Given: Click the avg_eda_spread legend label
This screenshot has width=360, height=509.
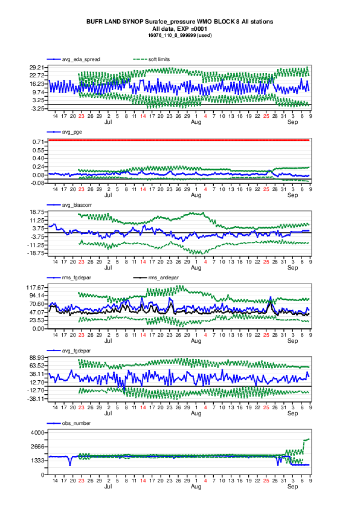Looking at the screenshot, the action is tap(81, 59).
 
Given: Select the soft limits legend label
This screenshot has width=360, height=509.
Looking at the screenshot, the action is tap(159, 59).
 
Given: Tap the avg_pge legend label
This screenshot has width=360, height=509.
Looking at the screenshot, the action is tap(72, 132).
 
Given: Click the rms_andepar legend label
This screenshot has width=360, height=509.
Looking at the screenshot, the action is tap(164, 277).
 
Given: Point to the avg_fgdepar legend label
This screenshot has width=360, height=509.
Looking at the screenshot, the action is tap(76, 351).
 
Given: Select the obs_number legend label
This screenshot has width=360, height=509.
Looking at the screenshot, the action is tap(76, 423).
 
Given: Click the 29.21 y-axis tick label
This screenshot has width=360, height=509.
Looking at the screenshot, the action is tap(37, 68).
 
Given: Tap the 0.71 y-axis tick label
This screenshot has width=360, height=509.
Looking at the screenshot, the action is tap(38, 142).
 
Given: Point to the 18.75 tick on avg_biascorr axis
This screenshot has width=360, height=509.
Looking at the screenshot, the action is tap(37, 212).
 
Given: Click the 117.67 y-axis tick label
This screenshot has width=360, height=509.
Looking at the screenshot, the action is tap(36, 287).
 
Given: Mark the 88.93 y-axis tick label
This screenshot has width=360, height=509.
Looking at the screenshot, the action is tap(37, 357).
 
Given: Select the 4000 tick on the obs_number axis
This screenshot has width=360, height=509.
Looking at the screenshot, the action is tap(38, 433).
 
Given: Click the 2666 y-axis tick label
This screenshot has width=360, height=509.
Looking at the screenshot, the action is tap(38, 447).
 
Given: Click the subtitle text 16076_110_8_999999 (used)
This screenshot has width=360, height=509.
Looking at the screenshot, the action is tap(180, 35).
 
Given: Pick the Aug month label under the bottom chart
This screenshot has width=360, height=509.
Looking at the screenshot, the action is tap(196, 486).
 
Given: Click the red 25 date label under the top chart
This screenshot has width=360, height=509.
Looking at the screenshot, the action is tap(266, 116).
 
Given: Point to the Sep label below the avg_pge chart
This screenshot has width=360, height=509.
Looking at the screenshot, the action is tap(292, 195).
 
